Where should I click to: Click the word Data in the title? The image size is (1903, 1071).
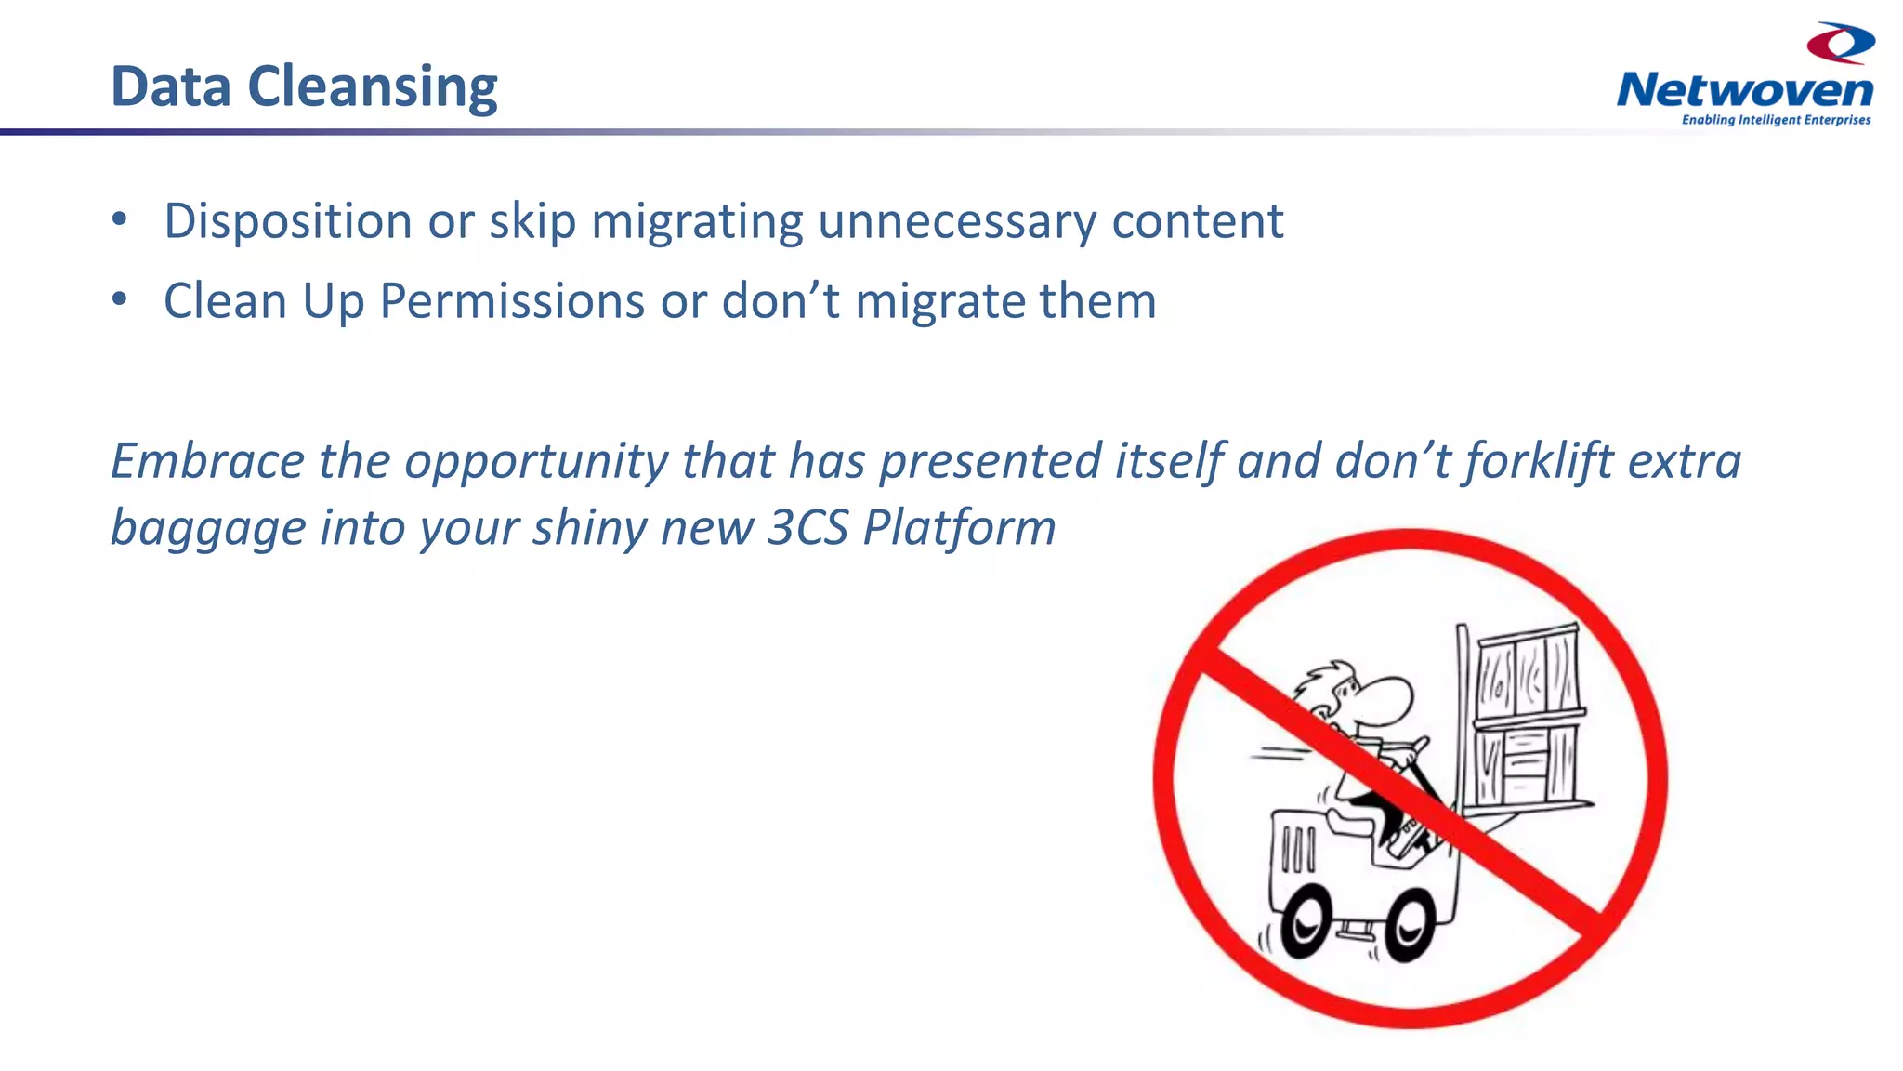[170, 86]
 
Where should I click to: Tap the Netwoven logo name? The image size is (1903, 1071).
[1744, 90]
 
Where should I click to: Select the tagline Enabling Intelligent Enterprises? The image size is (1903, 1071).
[1776, 120]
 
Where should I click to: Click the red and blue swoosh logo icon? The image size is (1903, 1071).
[1841, 43]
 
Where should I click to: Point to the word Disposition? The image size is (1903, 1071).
[288, 221]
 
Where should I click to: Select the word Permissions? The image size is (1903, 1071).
[512, 301]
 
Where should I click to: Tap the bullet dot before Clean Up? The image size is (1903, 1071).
[119, 299]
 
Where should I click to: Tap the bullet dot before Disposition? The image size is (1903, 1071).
[119, 219]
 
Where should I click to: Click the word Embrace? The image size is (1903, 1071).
[207, 460]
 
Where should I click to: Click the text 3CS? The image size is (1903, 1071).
[807, 527]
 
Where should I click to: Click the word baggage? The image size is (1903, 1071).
[208, 527]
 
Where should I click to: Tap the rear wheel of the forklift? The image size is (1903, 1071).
[1306, 921]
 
